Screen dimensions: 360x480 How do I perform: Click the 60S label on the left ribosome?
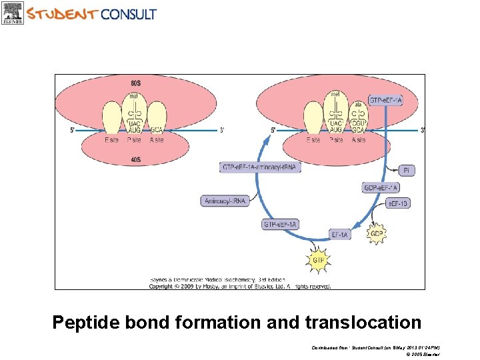pyautogui.click(x=136, y=83)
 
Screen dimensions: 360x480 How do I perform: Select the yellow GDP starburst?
pyautogui.click(x=377, y=234)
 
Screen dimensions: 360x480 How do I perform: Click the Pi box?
pyautogui.click(x=406, y=171)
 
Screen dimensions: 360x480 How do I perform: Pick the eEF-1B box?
pyautogui.click(x=398, y=203)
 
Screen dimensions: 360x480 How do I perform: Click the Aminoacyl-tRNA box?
pyautogui.click(x=225, y=201)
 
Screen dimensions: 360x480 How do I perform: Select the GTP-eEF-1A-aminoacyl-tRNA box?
pyautogui.click(x=260, y=167)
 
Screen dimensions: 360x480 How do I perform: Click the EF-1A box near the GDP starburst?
pyautogui.click(x=341, y=235)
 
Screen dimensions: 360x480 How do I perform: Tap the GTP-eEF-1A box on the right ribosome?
pyautogui.click(x=386, y=101)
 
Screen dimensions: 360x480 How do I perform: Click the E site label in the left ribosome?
pyautogui.click(x=112, y=140)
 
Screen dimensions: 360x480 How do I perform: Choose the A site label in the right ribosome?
pyautogui.click(x=358, y=140)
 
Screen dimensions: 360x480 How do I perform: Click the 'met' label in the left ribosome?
pyautogui.click(x=134, y=97)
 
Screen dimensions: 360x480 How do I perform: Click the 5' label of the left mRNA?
pyautogui.click(x=73, y=131)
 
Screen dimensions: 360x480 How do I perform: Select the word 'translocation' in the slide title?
pyautogui.click(x=363, y=323)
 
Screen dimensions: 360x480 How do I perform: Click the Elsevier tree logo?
pyautogui.click(x=13, y=12)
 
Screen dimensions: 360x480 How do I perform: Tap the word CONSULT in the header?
pyautogui.click(x=129, y=13)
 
